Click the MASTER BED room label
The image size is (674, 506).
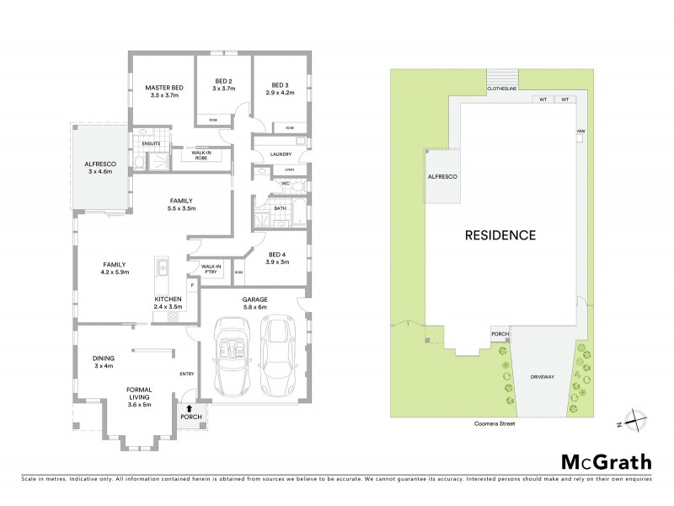[x=164, y=88]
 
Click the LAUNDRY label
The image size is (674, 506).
[x=280, y=153]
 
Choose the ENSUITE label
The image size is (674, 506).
[x=151, y=143]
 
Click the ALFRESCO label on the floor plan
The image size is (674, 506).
[x=99, y=164]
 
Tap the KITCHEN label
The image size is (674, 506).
[x=168, y=299]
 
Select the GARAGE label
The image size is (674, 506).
[x=255, y=299]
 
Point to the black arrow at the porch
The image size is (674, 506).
[x=189, y=408]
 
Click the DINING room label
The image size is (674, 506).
[x=103, y=358]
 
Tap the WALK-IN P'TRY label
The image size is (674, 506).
[x=211, y=270]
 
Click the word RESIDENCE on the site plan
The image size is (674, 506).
[x=500, y=235]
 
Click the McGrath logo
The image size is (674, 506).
[x=606, y=461]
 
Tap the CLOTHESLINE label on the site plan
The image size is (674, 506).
[x=502, y=88]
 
